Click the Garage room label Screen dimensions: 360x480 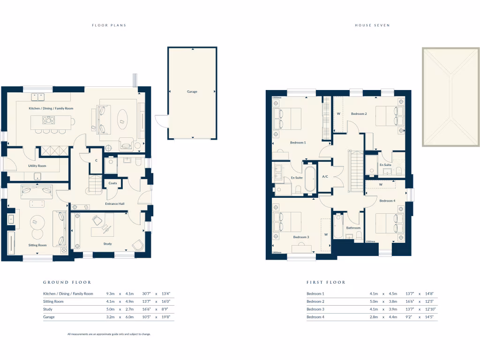pos(192,92)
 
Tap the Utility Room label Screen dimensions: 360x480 pos(37,166)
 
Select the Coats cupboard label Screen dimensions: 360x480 pos(112,183)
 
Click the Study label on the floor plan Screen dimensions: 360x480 pos(108,244)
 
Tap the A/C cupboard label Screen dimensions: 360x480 pos(325,177)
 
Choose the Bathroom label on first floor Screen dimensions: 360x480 pos(353,228)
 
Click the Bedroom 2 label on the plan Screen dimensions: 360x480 pos(359,114)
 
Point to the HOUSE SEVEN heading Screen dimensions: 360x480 pos(372,25)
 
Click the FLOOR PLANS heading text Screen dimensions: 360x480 pos(109,25)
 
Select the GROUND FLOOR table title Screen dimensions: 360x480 pos(67,282)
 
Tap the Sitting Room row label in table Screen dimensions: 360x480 pos(53,301)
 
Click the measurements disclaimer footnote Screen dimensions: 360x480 pos(109,334)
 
